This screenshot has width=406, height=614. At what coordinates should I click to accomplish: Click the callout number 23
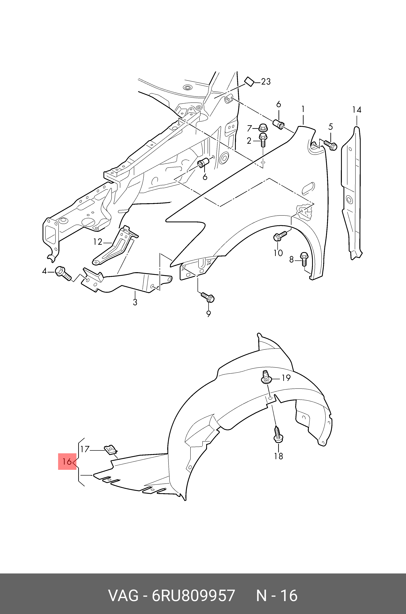(x=266, y=82)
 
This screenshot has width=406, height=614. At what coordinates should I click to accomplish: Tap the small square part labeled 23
(x=249, y=81)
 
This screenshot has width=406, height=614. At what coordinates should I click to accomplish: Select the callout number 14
(x=357, y=110)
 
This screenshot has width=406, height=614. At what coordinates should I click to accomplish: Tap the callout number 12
(x=98, y=242)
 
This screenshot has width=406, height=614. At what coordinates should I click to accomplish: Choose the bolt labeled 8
(x=304, y=259)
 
